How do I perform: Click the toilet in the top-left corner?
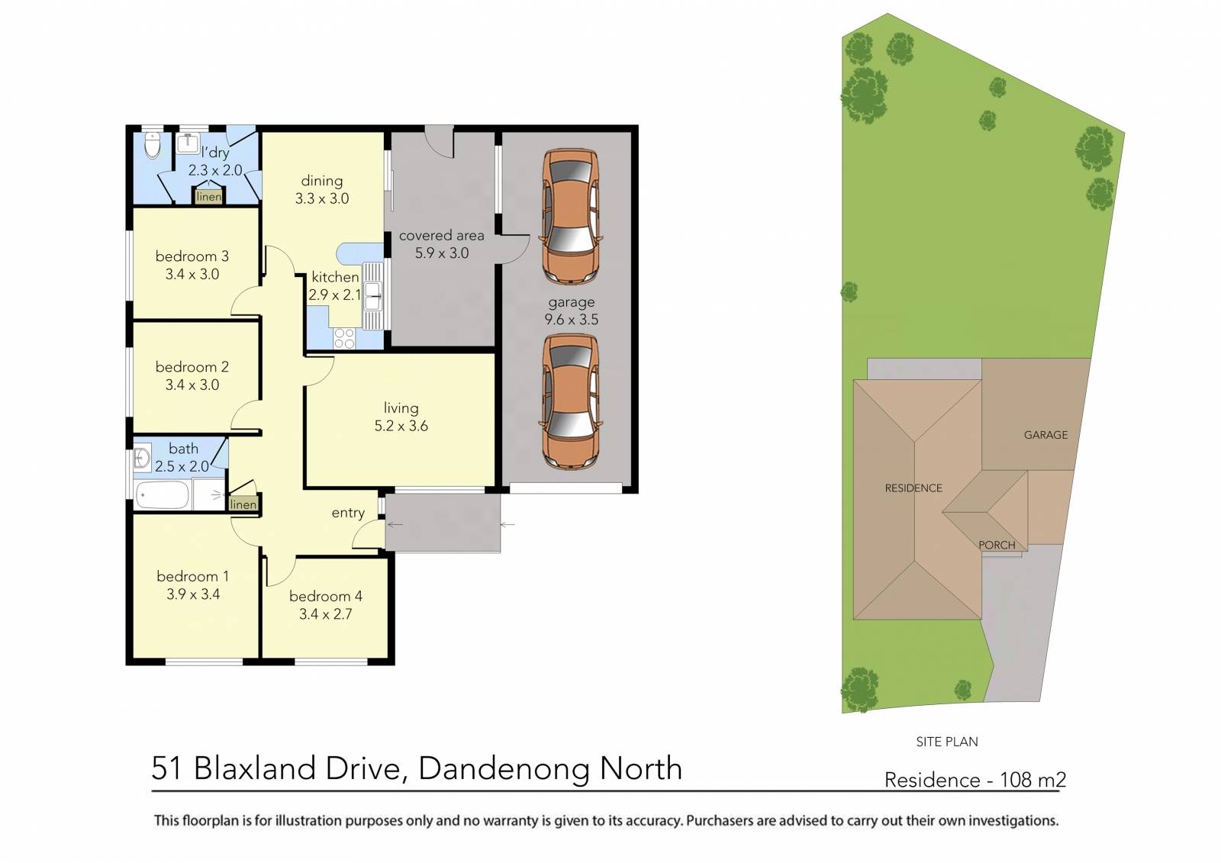(153, 144)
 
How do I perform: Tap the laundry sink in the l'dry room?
(188, 143)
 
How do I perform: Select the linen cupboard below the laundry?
(208, 197)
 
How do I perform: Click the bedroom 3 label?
(192, 256)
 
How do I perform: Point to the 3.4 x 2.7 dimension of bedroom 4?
(326, 614)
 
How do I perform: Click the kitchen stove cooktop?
(344, 338)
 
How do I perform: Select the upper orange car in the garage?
(570, 217)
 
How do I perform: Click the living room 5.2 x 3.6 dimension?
(401, 427)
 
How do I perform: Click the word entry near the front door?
(348, 513)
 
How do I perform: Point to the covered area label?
(441, 236)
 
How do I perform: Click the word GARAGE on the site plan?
(1045, 435)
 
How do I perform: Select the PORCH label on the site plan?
(997, 545)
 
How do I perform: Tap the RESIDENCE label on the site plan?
(913, 488)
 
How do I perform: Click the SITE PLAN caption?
(946, 742)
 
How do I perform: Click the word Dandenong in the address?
(505, 768)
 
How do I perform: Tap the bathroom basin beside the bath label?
(141, 458)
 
